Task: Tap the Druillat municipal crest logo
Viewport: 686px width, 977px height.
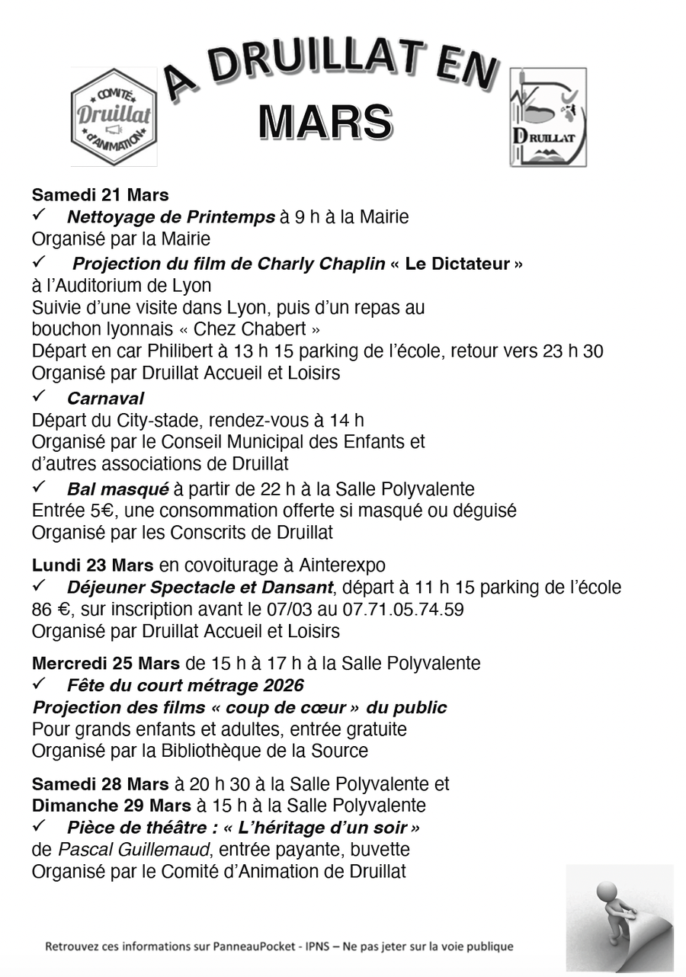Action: pyautogui.click(x=548, y=117)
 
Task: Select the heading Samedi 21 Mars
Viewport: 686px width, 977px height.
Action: pyautogui.click(x=101, y=194)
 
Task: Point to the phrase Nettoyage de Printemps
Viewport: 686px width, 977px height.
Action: pyautogui.click(x=171, y=217)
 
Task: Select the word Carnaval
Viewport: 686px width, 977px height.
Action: pyautogui.click(x=105, y=398)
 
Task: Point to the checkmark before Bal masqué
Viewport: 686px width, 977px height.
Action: pyautogui.click(x=40, y=487)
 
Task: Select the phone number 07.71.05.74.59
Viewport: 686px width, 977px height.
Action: pyautogui.click(x=400, y=609)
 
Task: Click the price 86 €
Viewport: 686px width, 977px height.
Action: pyautogui.click(x=52, y=609)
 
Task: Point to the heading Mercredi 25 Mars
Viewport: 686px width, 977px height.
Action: pyautogui.click(x=106, y=663)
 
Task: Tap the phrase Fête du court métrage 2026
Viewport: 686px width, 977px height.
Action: pyautogui.click(x=185, y=685)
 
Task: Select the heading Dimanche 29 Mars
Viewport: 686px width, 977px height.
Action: pyautogui.click(x=111, y=806)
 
